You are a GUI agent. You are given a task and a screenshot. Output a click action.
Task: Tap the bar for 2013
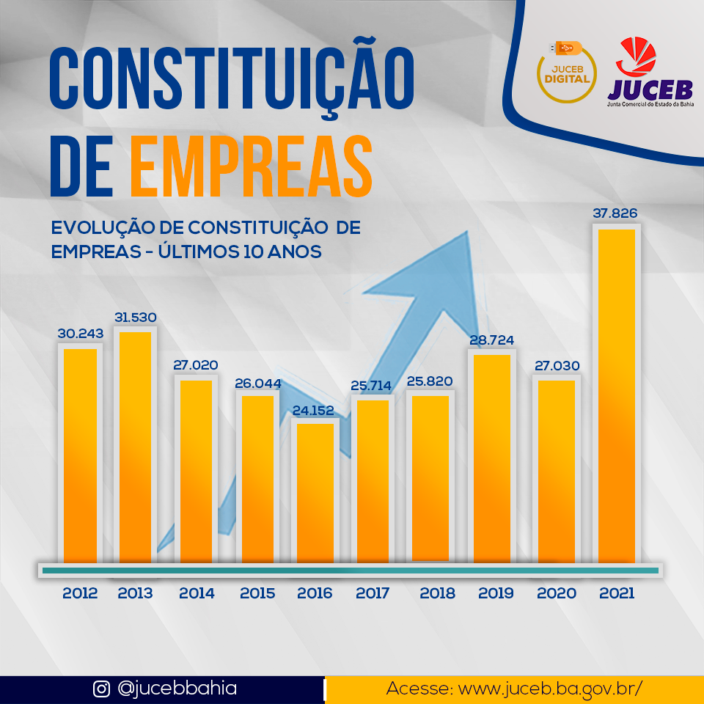[x=135, y=447]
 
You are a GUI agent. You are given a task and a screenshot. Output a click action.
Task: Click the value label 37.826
[x=615, y=214]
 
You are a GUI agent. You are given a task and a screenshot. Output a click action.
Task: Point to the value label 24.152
[x=313, y=411]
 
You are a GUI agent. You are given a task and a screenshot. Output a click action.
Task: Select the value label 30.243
[x=81, y=334]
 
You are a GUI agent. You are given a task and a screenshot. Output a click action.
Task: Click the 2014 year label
[x=197, y=593]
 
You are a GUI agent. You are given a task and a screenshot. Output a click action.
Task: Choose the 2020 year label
[x=557, y=593]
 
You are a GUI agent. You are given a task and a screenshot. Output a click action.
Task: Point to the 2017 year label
[x=373, y=593]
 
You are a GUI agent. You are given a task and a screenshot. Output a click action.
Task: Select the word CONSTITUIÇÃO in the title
[x=232, y=78]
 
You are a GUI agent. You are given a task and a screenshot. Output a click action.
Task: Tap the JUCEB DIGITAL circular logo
[x=566, y=70]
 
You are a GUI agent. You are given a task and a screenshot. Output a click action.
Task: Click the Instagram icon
[x=101, y=689]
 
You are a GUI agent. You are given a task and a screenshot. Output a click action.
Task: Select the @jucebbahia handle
[x=177, y=689]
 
